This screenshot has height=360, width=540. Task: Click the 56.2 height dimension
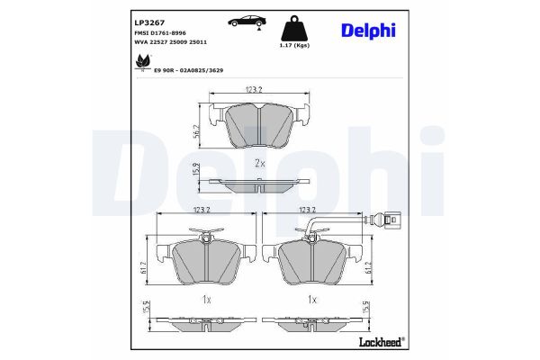pyautogui.click(x=197, y=131)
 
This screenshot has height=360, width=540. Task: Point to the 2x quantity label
pyautogui.click(x=259, y=164)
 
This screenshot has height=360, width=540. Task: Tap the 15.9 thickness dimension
pyautogui.click(x=197, y=171)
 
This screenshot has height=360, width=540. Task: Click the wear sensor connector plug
pyautogui.click(x=388, y=217)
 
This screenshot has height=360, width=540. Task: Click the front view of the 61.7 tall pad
pyautogui.click(x=208, y=261)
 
